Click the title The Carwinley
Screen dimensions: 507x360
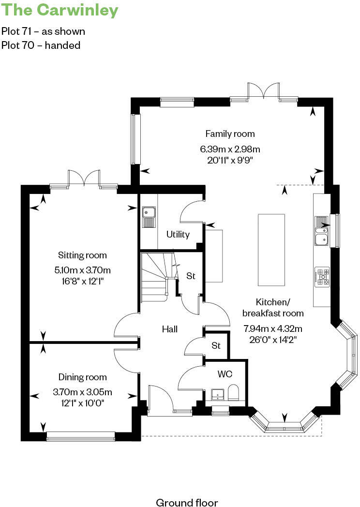tap(60, 10)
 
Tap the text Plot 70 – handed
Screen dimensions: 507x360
tap(41, 45)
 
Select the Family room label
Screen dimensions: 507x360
tap(230, 134)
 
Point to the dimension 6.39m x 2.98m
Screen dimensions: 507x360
tap(230, 149)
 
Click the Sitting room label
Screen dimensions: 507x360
tap(82, 255)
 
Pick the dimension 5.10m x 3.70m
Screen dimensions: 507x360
tap(82, 270)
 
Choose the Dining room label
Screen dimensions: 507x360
tap(82, 377)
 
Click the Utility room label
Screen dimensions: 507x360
tap(178, 235)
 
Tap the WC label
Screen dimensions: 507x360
tap(225, 374)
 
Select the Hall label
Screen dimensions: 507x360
tap(169, 329)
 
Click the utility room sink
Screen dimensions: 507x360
tap(148, 216)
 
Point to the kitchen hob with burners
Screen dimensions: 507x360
tap(322, 275)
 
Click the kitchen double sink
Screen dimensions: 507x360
tap(321, 231)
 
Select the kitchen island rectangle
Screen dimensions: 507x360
tap(271, 250)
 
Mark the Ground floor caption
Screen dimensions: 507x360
tap(187, 503)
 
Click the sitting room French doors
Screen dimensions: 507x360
tap(84, 179)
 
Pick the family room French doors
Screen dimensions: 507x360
tap(264, 91)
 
